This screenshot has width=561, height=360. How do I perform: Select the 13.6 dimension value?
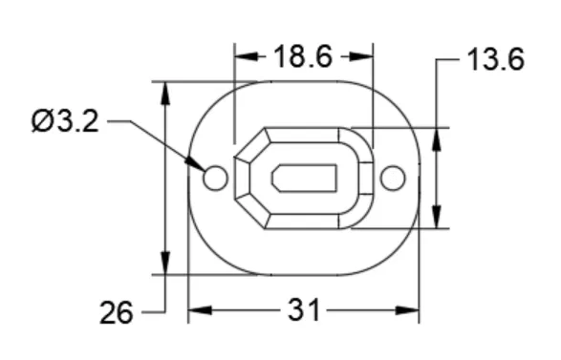[x=495, y=60]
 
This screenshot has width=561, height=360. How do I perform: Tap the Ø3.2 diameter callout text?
[x=65, y=122]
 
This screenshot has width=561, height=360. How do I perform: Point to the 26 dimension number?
[x=119, y=311]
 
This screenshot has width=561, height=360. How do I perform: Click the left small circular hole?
[x=215, y=178]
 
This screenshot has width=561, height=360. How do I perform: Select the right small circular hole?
[x=392, y=178]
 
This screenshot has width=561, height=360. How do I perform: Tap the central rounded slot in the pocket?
[x=304, y=178]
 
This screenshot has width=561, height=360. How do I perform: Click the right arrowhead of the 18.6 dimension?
[x=364, y=56]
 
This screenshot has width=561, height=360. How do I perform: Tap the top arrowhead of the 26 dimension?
[x=166, y=92]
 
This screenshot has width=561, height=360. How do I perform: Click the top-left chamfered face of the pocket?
[x=251, y=146]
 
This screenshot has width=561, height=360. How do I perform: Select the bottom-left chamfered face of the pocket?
[x=251, y=209]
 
